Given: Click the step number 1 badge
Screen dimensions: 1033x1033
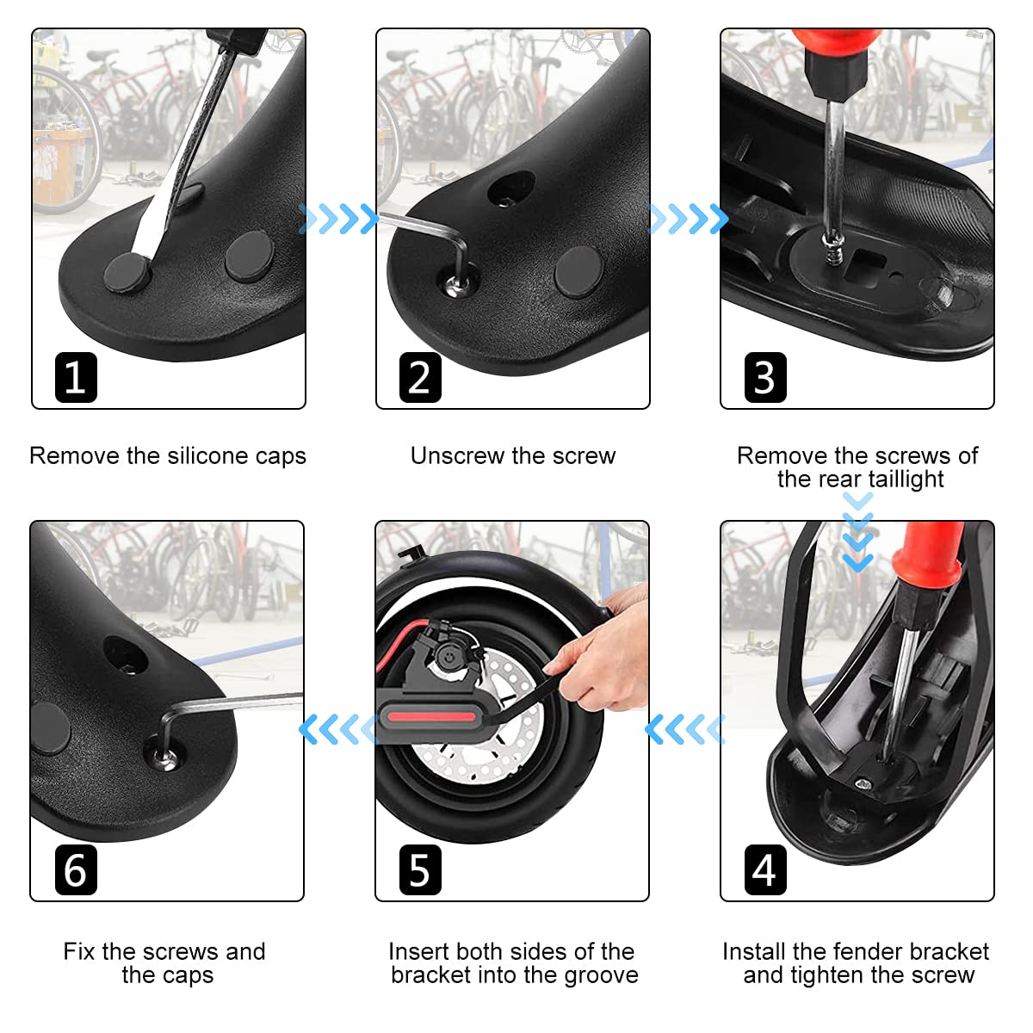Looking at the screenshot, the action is (76, 377).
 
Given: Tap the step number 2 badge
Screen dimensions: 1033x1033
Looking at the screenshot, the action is (420, 377).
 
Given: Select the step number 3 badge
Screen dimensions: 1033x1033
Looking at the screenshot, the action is (765, 377).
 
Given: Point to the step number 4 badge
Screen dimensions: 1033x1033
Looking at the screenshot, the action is (765, 869).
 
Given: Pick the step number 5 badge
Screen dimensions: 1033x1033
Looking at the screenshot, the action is (420, 869).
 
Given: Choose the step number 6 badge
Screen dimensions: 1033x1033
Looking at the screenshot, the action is (76, 869).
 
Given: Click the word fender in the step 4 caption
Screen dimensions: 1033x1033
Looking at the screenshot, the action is (870, 951).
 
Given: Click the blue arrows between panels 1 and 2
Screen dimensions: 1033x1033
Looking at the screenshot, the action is (337, 219).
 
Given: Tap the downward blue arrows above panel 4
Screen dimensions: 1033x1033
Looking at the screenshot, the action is (857, 532).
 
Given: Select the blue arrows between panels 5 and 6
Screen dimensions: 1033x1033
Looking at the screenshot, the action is (337, 729).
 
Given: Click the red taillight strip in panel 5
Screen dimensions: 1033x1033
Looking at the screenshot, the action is (431, 717).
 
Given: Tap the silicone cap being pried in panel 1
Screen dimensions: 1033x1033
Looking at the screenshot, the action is (127, 272).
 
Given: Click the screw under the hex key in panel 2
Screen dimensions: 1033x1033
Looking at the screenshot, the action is (457, 284).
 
